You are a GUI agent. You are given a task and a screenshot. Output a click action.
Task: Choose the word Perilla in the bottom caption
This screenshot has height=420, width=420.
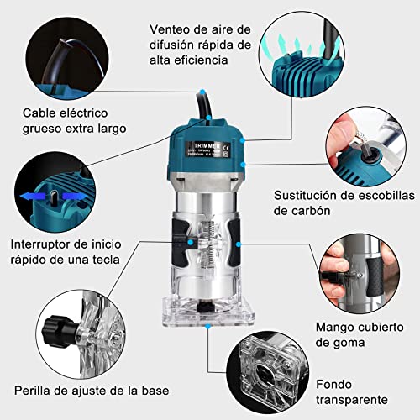coord(35,391)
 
